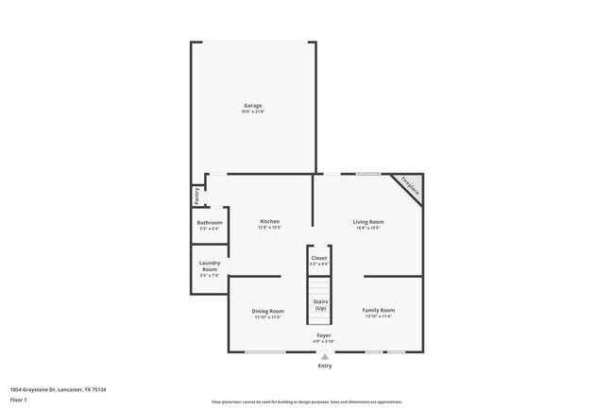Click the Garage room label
[253, 105]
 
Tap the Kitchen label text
[269, 221]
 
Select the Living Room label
[368, 221]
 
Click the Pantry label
[196, 196]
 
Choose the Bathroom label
[210, 223]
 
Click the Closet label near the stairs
[319, 257]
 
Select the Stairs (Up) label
[320, 305]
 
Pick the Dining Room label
[268, 311]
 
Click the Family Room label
[379, 310]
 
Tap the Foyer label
[324, 335]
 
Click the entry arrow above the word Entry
[325, 356]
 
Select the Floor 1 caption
[19, 400]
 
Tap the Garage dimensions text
[253, 112]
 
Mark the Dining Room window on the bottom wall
[265, 352]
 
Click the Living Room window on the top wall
[368, 173]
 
